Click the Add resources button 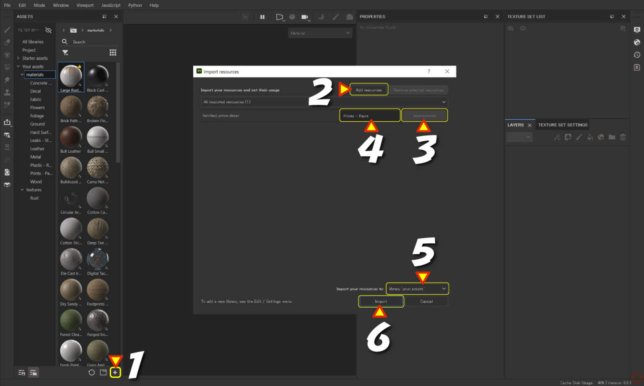pyautogui.click(x=369, y=90)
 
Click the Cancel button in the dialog pyautogui.click(x=426, y=301)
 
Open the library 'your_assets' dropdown pyautogui.click(x=417, y=289)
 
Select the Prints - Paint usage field pyautogui.click(x=369, y=116)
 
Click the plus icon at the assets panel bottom pyautogui.click(x=115, y=372)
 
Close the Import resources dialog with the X pyautogui.click(x=447, y=72)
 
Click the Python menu pyautogui.click(x=135, y=5)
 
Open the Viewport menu pyautogui.click(x=85, y=5)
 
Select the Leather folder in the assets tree pyautogui.click(x=37, y=149)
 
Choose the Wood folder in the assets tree pyautogui.click(x=36, y=182)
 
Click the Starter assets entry pyautogui.click(x=35, y=58)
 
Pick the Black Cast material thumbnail pyautogui.click(x=98, y=76)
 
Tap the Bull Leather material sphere pyautogui.click(x=71, y=137)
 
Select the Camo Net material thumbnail pyautogui.click(x=98, y=168)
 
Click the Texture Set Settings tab pyautogui.click(x=563, y=125)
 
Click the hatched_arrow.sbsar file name pyautogui.click(x=221, y=116)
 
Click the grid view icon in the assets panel pyautogui.click(x=113, y=52)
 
